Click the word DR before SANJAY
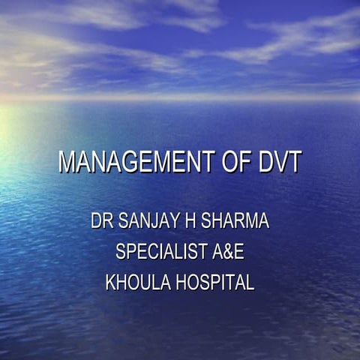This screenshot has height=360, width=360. click(x=100, y=222)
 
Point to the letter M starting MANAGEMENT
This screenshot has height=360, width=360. click(x=66, y=163)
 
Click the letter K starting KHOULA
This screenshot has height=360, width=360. click(x=111, y=283)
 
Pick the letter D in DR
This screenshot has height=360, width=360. click(x=96, y=222)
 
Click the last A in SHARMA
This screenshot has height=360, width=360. click(x=262, y=222)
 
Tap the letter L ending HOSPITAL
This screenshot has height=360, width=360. click(x=250, y=283)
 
